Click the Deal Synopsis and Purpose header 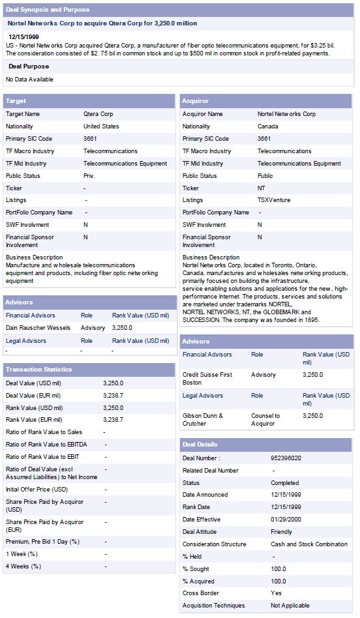click(47, 10)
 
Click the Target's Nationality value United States click(101, 126)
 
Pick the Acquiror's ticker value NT click(262, 188)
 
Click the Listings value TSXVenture click(274, 200)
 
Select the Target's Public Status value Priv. click(89, 175)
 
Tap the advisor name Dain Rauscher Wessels click(38, 327)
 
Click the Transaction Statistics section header click(38, 370)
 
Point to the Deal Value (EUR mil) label click(33, 395)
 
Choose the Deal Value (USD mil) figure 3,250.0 click(113, 383)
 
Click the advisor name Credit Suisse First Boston click(207, 379)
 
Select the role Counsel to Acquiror click(265, 419)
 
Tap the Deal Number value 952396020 click(286, 458)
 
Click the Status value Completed click(285, 483)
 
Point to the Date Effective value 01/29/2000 click(286, 520)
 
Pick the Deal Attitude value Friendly click(282, 532)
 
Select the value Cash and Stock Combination click(309, 544)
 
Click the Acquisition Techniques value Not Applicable click(290, 606)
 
